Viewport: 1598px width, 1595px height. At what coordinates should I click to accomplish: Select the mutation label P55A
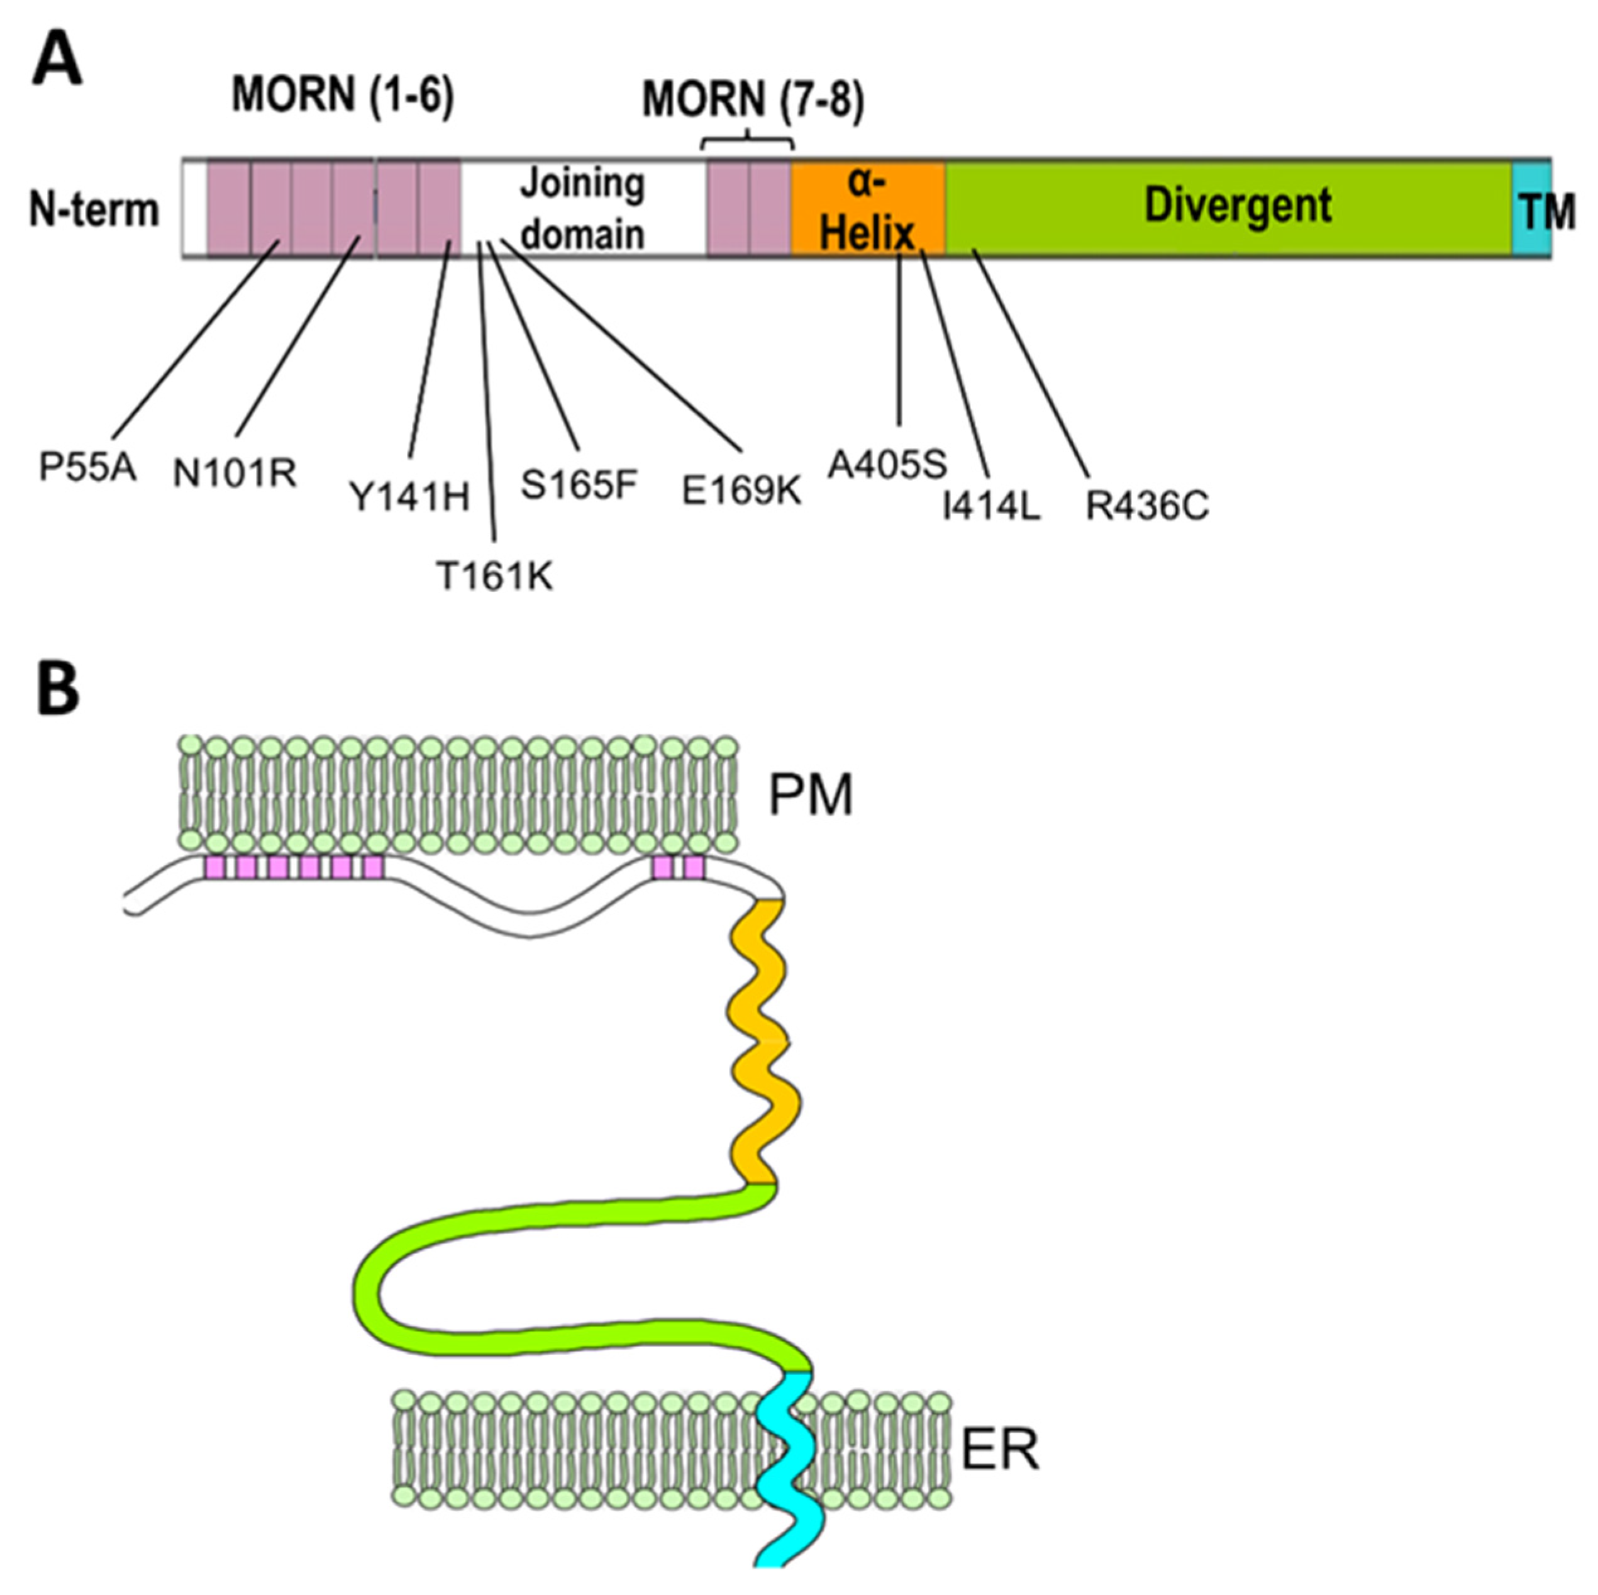click(x=87, y=468)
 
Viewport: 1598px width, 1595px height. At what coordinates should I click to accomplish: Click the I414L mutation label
click(x=992, y=507)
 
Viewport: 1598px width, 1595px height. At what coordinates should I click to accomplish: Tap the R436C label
click(x=1147, y=507)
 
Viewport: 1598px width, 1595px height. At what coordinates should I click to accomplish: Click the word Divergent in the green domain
click(x=1238, y=205)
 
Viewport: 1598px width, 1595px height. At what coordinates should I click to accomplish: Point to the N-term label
click(x=94, y=210)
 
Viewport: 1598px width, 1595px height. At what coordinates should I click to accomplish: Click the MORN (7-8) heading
click(x=753, y=103)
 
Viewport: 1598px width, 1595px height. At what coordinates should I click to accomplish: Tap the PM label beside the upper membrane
click(x=810, y=796)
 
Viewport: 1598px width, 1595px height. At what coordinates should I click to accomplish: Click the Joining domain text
click(x=582, y=208)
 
